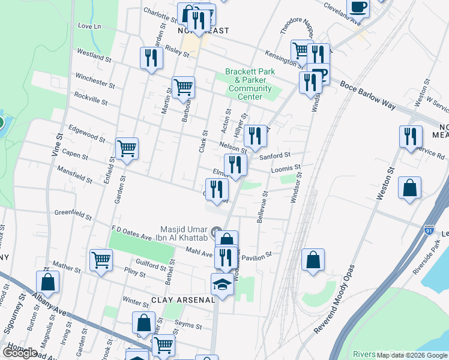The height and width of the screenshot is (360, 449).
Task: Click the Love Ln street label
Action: (89, 26)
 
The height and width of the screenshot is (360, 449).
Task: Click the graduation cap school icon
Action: (222, 284)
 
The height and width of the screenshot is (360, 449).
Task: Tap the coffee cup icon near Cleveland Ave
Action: (358, 7)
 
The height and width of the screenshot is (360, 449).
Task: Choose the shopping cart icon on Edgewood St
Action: (127, 148)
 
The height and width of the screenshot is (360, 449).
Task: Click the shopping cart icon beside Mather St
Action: (101, 260)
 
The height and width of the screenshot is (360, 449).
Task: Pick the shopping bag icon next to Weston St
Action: (409, 188)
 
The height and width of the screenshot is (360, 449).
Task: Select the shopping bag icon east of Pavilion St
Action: (313, 260)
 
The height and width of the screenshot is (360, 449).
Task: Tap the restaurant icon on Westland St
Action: (150, 58)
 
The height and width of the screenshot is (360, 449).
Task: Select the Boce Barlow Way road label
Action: (367, 94)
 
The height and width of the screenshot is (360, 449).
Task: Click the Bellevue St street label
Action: (262, 208)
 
